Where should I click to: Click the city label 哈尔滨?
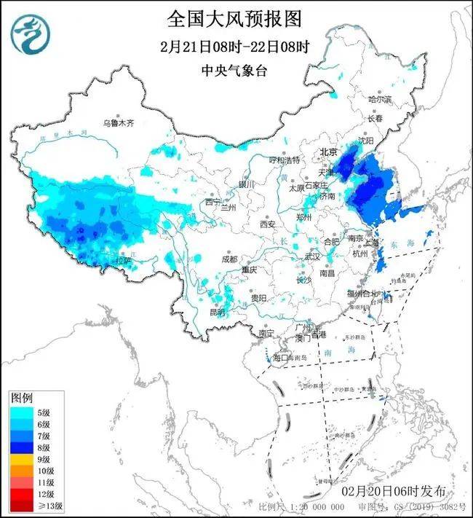point(379,99)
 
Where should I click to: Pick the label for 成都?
point(229,259)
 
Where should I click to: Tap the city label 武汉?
point(311,256)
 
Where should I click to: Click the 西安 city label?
point(267,224)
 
